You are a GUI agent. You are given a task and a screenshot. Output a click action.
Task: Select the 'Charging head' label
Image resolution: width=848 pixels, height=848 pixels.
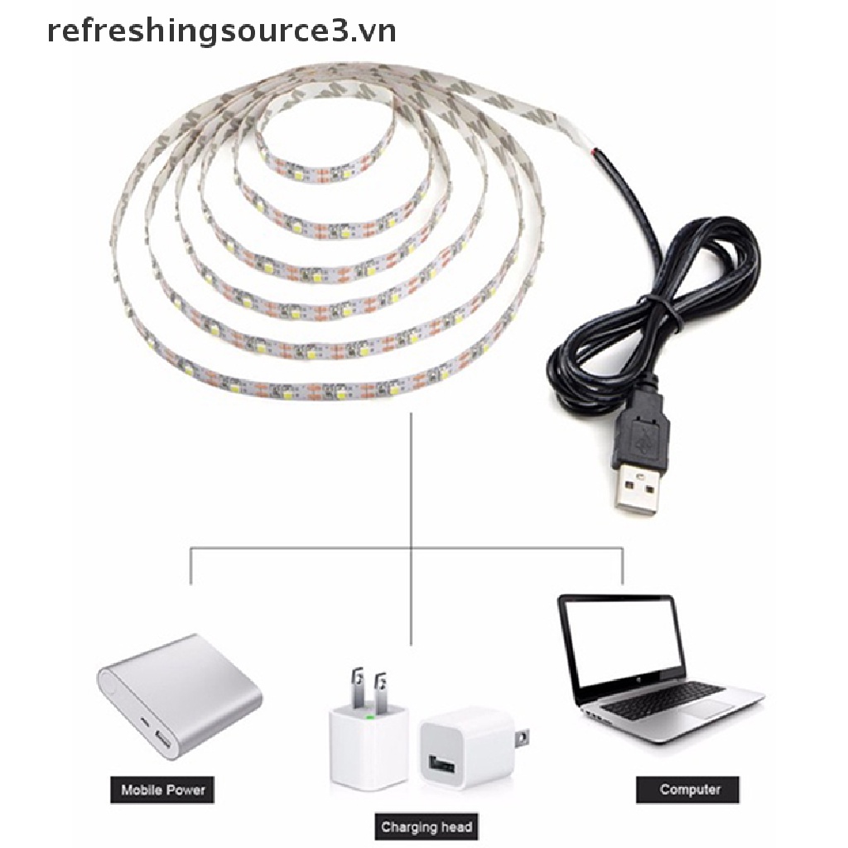(x=426, y=826)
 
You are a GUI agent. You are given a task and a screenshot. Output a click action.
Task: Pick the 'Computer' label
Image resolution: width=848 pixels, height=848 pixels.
(x=690, y=788)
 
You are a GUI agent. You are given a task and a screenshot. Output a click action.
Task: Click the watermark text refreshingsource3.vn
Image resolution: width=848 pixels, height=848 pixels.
(x=221, y=31)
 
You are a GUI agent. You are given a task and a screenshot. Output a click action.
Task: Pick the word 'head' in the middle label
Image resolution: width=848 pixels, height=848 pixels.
(x=454, y=826)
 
